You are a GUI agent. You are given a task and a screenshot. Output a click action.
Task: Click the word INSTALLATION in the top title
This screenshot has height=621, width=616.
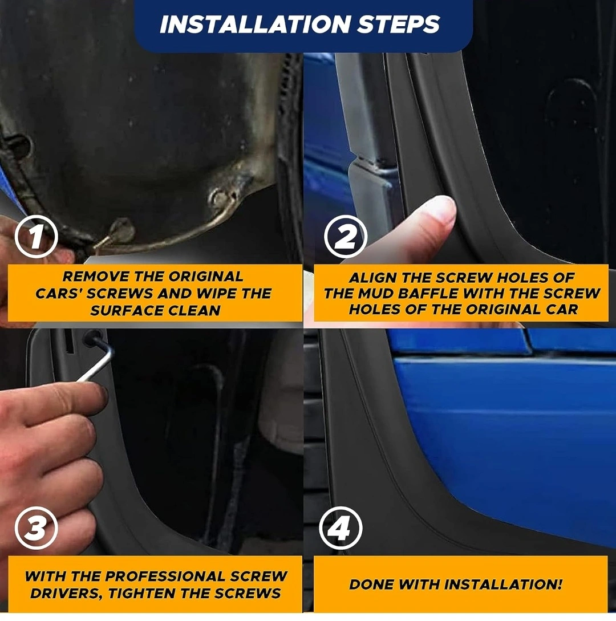(x=255, y=25)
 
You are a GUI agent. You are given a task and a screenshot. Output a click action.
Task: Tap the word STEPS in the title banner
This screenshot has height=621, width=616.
(x=398, y=25)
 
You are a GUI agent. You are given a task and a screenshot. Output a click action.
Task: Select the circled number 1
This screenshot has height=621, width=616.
(x=36, y=237)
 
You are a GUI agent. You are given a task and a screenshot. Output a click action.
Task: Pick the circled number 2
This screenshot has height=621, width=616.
(x=346, y=237)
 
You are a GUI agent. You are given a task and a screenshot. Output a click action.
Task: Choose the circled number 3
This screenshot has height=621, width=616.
(x=36, y=527)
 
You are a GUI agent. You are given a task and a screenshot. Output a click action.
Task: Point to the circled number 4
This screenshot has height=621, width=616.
(x=341, y=527)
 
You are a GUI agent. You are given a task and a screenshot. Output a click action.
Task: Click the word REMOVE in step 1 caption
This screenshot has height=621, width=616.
(x=96, y=277)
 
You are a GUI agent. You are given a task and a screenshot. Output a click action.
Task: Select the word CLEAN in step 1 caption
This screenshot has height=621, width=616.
(x=194, y=310)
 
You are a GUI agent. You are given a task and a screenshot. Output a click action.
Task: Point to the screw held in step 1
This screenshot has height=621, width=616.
(x=114, y=237)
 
